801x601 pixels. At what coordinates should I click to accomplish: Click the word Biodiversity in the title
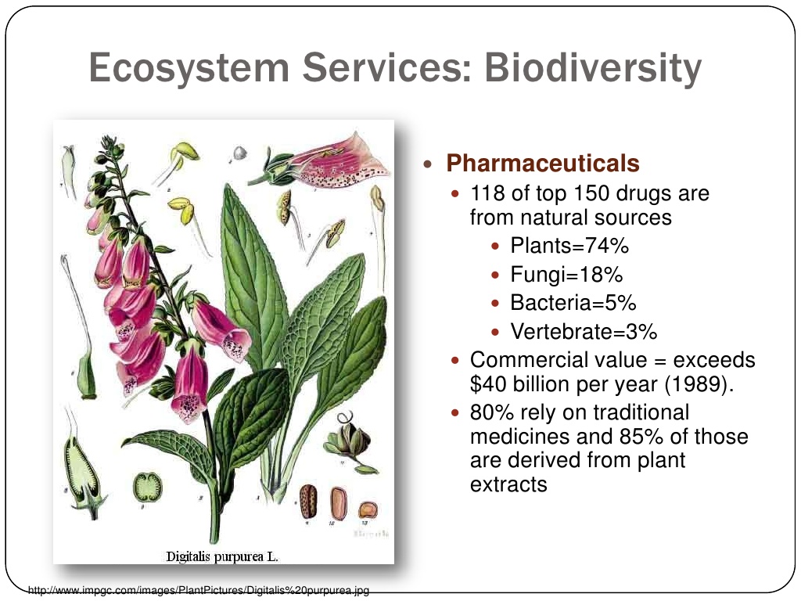[x=593, y=68]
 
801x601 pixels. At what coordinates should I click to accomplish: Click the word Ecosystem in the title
[x=189, y=68]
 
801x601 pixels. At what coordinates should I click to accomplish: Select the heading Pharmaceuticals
[x=543, y=164]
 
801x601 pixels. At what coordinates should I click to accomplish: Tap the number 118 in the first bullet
[x=487, y=194]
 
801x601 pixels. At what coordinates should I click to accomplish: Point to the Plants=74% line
[x=569, y=246]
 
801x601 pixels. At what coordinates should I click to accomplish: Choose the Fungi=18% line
[x=566, y=275]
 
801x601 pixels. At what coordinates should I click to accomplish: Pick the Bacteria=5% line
[x=573, y=303]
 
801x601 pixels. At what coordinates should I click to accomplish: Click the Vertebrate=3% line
[x=584, y=332]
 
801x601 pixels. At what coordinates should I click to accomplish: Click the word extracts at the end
[x=508, y=484]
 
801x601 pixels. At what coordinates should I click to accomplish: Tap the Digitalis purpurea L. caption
[x=222, y=556]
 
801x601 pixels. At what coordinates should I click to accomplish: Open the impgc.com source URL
[x=198, y=591]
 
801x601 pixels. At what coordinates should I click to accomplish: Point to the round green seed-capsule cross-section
[x=148, y=487]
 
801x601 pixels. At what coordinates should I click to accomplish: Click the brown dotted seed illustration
[x=308, y=502]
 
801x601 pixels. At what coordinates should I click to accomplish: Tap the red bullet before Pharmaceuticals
[x=428, y=164]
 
